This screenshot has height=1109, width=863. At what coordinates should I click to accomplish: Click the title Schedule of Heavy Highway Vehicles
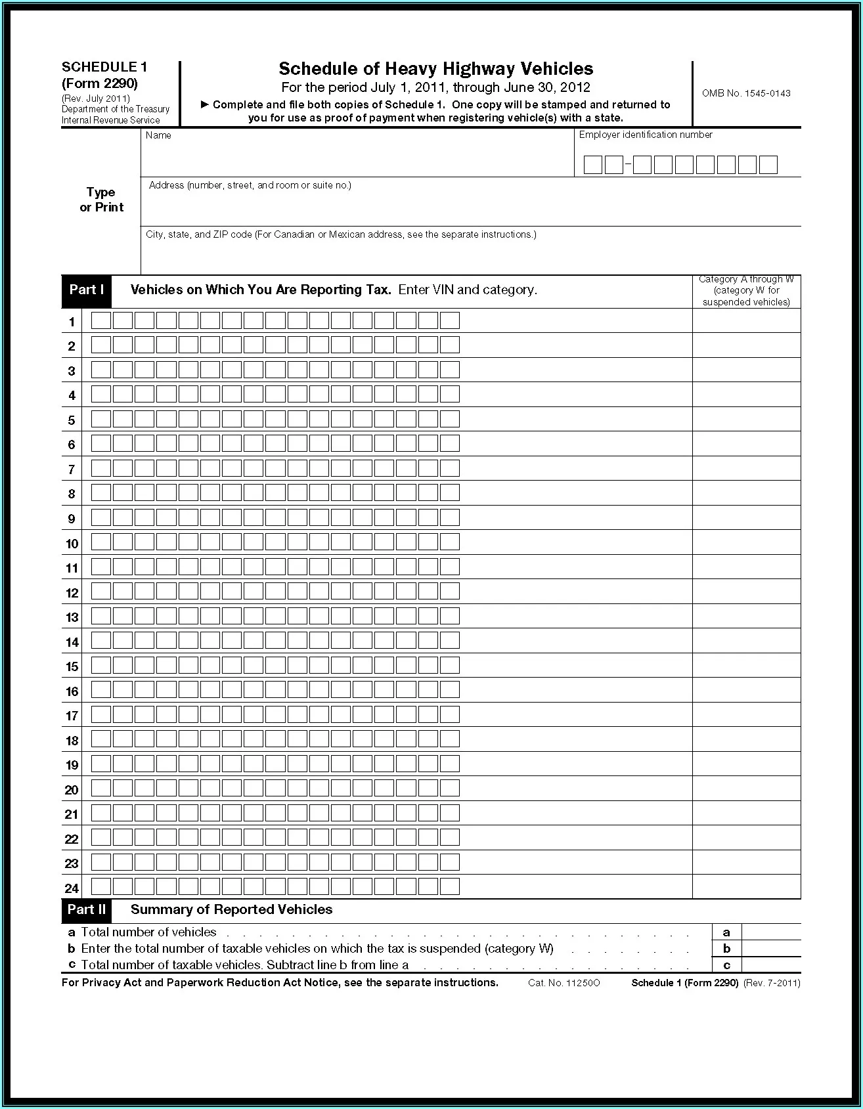click(435, 68)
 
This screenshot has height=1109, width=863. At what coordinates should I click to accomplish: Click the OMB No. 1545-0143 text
click(745, 93)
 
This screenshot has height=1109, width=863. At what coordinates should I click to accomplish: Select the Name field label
click(158, 135)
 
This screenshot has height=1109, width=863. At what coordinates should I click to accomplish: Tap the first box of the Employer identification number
click(592, 165)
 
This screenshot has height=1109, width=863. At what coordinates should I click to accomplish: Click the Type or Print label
click(101, 200)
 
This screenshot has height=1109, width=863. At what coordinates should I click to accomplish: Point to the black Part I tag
click(87, 290)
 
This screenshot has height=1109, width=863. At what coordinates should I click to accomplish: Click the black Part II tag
click(87, 909)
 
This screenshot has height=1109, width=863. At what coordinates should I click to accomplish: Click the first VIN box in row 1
click(101, 320)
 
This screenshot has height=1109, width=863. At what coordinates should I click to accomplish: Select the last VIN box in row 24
click(450, 887)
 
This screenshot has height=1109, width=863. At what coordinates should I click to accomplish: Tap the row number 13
click(72, 617)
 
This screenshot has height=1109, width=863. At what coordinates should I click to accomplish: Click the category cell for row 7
click(746, 468)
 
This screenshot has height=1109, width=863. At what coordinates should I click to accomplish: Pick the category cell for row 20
click(746, 789)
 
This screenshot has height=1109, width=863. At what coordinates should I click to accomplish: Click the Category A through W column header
click(746, 291)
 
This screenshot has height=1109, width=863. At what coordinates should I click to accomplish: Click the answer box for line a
click(771, 932)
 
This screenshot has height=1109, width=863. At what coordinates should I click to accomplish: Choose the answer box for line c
click(771, 965)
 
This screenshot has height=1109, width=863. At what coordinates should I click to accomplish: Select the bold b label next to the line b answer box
click(726, 948)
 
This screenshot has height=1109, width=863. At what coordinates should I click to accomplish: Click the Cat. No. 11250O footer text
click(564, 983)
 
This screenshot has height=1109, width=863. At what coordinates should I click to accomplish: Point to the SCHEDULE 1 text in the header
click(104, 67)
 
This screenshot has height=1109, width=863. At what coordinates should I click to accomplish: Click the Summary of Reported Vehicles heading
click(231, 909)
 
